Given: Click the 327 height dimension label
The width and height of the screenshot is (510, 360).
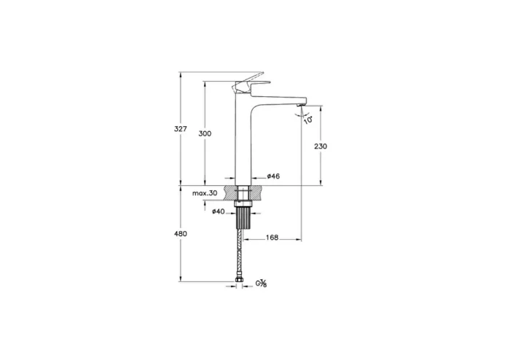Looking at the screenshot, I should click(181, 129).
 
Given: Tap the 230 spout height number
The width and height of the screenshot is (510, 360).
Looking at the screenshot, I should click(321, 146).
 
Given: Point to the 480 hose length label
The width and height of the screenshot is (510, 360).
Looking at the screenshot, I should click(181, 233).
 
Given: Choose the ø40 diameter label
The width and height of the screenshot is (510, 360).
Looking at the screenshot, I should click(217, 212).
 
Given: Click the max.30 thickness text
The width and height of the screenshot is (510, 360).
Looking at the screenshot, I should click(205, 193).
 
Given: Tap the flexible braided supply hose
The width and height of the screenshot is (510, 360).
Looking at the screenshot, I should click(241, 251).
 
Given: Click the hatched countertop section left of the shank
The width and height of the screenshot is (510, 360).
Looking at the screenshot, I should click(229, 193).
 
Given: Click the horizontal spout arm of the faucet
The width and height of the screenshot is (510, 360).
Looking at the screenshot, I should click(280, 100).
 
